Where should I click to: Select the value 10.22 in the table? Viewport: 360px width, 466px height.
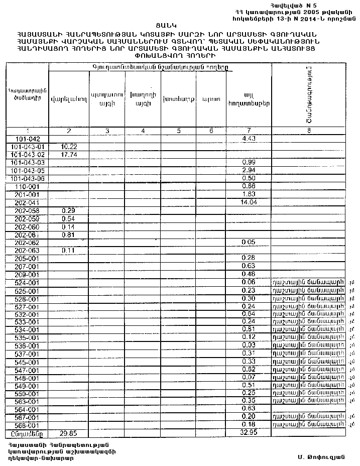(x=68, y=147)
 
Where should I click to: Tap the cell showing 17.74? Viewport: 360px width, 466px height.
(x=68, y=155)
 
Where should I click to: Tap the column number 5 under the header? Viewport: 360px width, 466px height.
(x=179, y=131)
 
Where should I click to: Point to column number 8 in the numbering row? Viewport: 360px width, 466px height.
(x=309, y=131)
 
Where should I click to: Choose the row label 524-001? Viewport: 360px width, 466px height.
(x=27, y=283)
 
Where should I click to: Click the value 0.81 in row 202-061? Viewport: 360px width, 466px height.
(x=68, y=235)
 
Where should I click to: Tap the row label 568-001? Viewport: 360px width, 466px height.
(x=27, y=425)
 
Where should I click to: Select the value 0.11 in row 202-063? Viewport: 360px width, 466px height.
(x=68, y=250)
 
